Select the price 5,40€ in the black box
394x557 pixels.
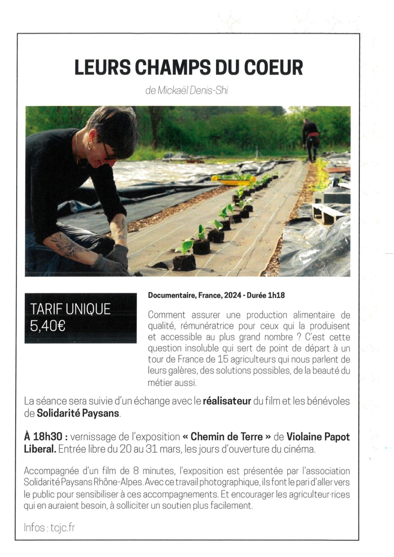click(48, 326)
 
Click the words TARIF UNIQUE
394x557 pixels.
click(70, 309)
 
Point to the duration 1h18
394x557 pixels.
click(277, 295)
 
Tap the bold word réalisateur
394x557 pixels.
click(227, 401)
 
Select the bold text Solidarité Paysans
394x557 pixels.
click(78, 413)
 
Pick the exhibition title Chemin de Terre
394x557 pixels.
click(227, 437)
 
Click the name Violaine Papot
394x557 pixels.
click(318, 437)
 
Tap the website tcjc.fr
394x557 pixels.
click(63, 527)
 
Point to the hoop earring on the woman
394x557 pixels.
click(90, 145)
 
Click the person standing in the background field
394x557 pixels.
click(310, 140)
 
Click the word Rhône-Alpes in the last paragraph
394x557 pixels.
click(118, 482)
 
